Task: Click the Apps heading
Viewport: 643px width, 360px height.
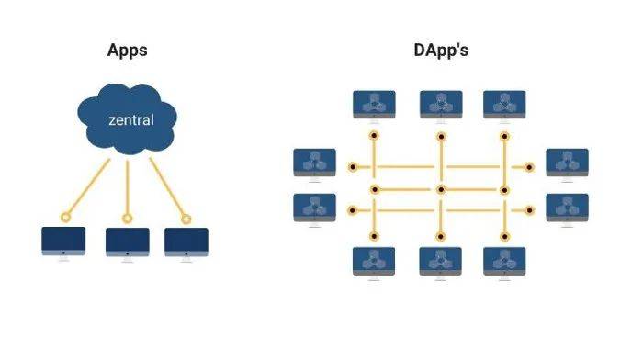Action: (x=128, y=51)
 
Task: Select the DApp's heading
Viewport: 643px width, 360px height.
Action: (x=441, y=51)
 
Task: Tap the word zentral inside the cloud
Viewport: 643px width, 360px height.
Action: (x=130, y=120)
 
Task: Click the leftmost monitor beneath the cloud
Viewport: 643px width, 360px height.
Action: (x=63, y=242)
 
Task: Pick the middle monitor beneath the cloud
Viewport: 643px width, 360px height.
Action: (x=128, y=242)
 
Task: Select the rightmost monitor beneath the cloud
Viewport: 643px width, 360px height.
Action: (x=186, y=242)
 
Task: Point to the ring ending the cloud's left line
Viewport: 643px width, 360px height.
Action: (x=65, y=217)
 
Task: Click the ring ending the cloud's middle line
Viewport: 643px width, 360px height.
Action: (x=128, y=218)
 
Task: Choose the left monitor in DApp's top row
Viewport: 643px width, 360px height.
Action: (x=374, y=104)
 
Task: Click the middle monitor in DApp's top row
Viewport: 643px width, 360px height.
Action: (x=441, y=104)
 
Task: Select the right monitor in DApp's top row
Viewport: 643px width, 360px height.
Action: (x=503, y=104)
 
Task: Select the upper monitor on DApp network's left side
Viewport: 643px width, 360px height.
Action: (x=315, y=162)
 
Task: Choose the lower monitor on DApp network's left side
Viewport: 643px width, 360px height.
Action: (x=315, y=207)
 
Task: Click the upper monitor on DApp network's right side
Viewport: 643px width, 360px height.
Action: (x=567, y=162)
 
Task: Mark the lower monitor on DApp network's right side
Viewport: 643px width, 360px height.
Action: (x=567, y=207)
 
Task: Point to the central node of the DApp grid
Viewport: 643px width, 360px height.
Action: (x=441, y=189)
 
